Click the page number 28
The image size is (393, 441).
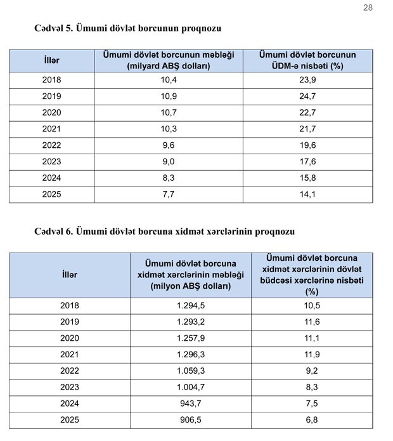pyautogui.click(x=368, y=8)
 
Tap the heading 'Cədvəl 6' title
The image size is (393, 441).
pyautogui.click(x=165, y=232)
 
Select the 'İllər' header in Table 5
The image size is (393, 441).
pyautogui.click(x=51, y=60)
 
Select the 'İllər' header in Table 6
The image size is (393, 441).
pyautogui.click(x=70, y=275)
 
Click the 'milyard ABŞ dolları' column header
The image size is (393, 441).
pyautogui.click(x=169, y=60)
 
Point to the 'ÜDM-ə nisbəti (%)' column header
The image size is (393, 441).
pyautogui.click(x=307, y=60)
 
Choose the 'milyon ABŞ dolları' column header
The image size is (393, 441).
pyautogui.click(x=191, y=275)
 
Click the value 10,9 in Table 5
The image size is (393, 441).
pyautogui.click(x=169, y=96)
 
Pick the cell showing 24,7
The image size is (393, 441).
pyautogui.click(x=307, y=96)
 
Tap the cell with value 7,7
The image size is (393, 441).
pyautogui.click(x=169, y=194)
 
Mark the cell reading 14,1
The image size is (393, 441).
pyautogui.click(x=307, y=194)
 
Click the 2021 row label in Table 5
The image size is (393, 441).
pyautogui.click(x=51, y=129)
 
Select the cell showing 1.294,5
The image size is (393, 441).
pyautogui.click(x=191, y=305)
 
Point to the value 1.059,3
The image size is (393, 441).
pyautogui.click(x=191, y=371)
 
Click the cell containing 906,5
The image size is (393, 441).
pyautogui.click(x=191, y=420)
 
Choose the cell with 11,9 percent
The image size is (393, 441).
pyautogui.click(x=312, y=354)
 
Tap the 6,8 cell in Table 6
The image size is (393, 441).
pyautogui.click(x=312, y=420)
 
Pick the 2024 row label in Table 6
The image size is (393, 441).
pyautogui.click(x=70, y=404)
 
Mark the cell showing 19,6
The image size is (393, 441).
pyautogui.click(x=307, y=145)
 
